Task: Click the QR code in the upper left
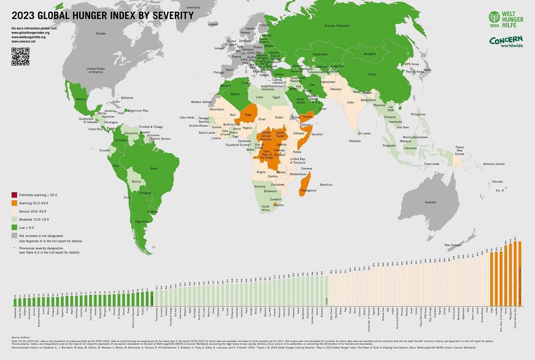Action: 20,56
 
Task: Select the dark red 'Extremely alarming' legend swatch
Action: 14,195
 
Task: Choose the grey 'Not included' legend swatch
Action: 14,235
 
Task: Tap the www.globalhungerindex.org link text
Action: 30,33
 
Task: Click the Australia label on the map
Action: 430,202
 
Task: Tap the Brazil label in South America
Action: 155,168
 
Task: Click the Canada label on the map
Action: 100,33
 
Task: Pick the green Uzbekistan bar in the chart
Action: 15,302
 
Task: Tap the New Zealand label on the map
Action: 453,245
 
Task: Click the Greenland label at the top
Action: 193,8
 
